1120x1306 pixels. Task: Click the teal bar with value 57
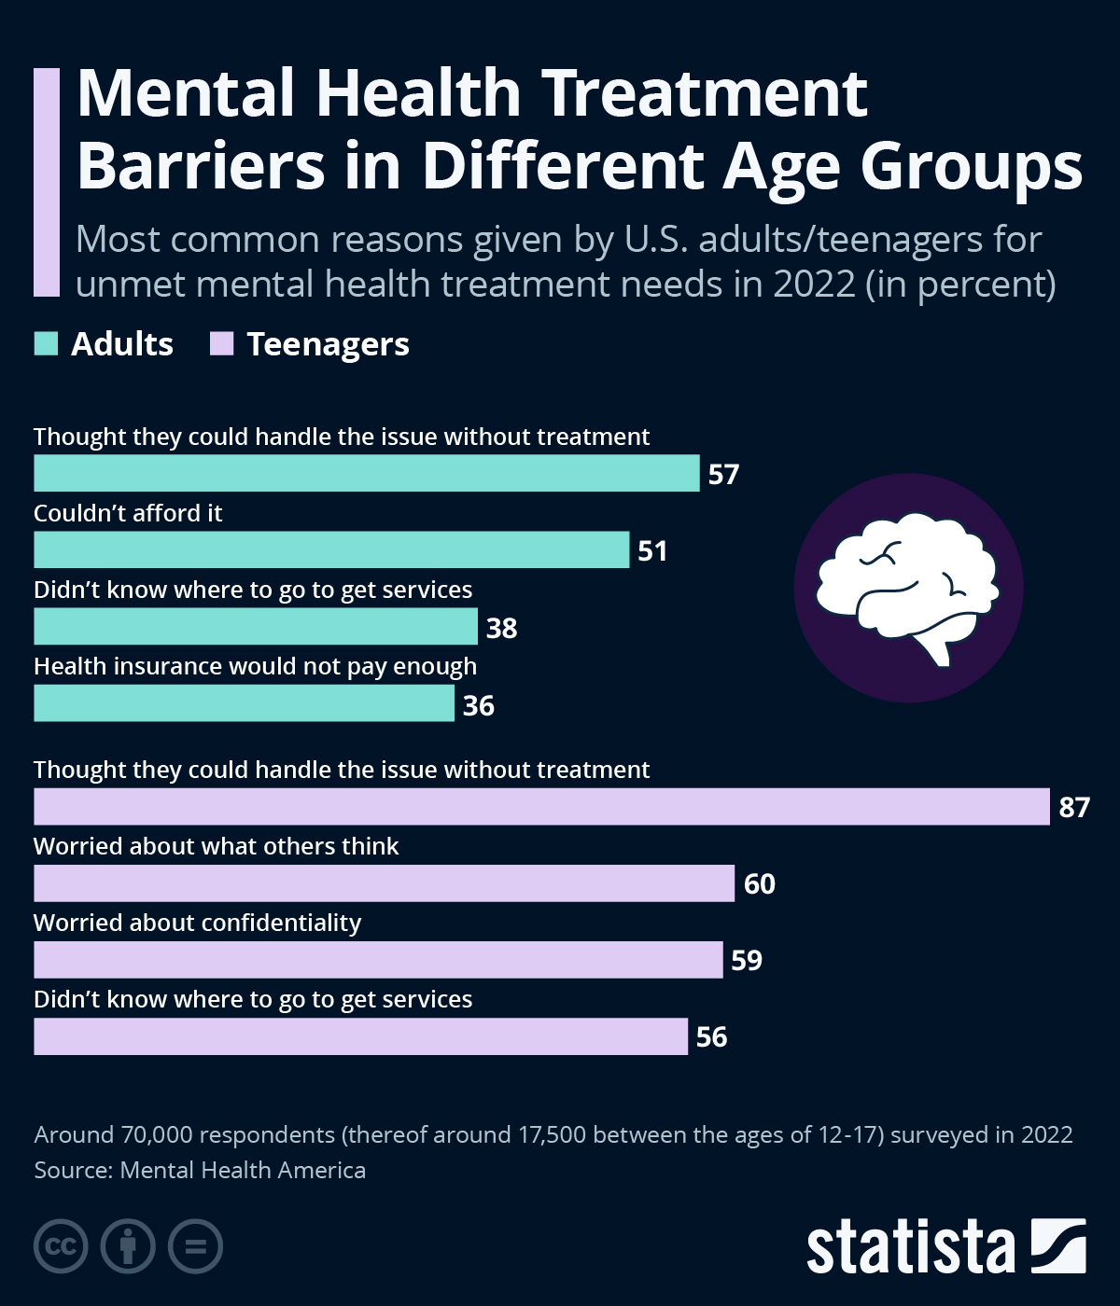pos(366,473)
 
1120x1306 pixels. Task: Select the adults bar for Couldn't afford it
pos(331,549)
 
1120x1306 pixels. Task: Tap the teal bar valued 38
pos(255,627)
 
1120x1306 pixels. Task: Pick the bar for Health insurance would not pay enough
pos(244,703)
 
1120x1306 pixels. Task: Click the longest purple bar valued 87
pos(541,806)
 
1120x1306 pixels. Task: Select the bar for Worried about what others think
pos(384,883)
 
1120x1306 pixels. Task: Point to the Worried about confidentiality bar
pos(378,960)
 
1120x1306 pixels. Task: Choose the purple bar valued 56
pos(360,1036)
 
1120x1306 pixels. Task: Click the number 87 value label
pos(1074,807)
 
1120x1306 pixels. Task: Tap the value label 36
pos(479,705)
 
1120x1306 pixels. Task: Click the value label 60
pos(760,883)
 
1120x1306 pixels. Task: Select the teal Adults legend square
pos(46,344)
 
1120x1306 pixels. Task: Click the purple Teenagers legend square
pos(221,344)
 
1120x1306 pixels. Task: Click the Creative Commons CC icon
pos(61,1246)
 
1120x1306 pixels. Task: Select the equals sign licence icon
pos(195,1246)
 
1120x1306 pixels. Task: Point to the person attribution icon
pos(128,1246)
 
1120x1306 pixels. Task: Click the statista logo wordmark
pos(910,1247)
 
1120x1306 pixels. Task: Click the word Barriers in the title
pos(201,167)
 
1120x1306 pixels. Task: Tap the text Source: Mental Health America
pos(200,1170)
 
